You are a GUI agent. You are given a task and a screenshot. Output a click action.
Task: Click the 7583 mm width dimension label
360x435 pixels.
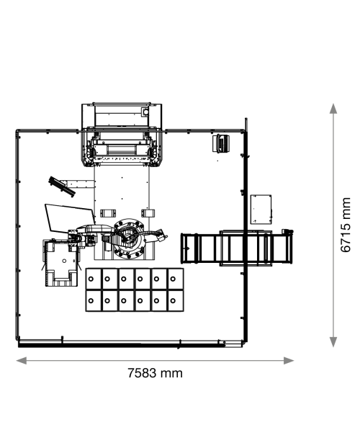[x=155, y=373]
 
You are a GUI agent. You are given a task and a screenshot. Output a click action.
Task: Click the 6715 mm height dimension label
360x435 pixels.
[x=346, y=225]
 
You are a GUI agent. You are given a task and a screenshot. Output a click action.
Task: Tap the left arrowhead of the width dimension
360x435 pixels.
[x=22, y=361]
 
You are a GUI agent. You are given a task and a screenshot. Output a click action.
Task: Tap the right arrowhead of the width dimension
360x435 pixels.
[x=289, y=361]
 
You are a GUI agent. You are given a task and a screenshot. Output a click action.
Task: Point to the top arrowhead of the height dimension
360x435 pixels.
[x=333, y=109]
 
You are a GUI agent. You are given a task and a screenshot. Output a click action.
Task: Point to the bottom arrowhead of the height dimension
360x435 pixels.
[x=333, y=342]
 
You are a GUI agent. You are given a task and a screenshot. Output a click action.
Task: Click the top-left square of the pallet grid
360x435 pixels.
[x=94, y=279]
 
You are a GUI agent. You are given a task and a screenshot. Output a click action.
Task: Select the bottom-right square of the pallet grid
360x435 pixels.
[x=176, y=301]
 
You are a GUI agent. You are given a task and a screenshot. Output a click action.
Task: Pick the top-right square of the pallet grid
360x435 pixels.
[x=176, y=279]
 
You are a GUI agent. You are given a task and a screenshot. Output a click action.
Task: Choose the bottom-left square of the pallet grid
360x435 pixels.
[x=94, y=301]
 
